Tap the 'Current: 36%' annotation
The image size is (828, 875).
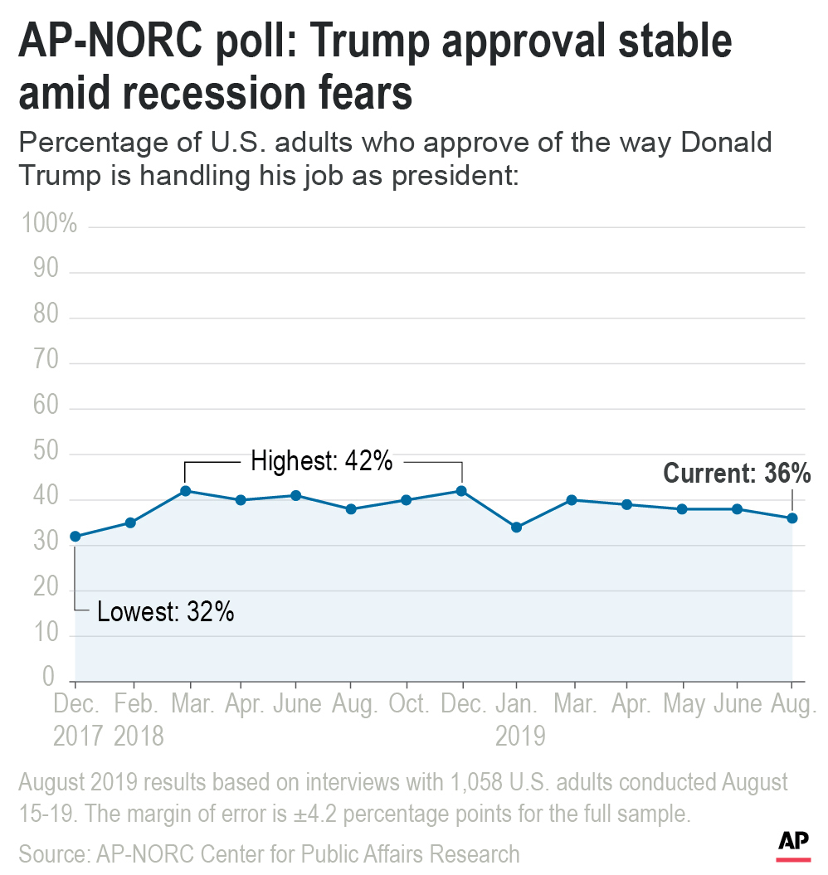click(x=737, y=474)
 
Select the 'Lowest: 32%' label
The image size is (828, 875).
click(x=165, y=613)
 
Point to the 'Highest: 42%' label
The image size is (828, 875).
click(x=321, y=461)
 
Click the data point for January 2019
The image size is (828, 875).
click(x=516, y=527)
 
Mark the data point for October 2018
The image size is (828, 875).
click(x=406, y=500)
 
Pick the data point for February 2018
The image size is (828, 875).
click(x=130, y=523)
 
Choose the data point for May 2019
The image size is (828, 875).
click(x=681, y=509)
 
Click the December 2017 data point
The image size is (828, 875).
click(x=75, y=537)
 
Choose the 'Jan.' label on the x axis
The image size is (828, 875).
click(x=516, y=705)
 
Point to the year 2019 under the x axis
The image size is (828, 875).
click(x=520, y=736)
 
